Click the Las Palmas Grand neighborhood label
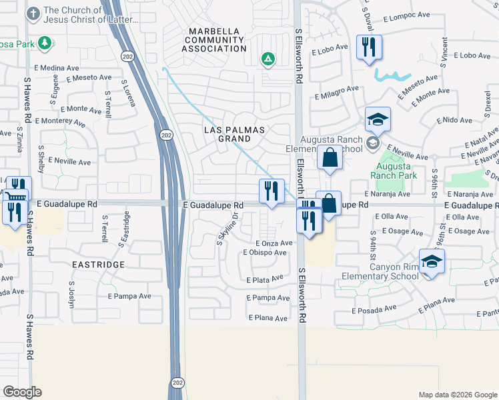[x=234, y=133]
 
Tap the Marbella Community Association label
[x=217, y=40]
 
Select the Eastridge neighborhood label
[x=98, y=265]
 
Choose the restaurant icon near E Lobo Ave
[x=369, y=48]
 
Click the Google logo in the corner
[x=22, y=392]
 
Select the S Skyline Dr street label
[x=227, y=228]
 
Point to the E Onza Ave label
[x=274, y=244]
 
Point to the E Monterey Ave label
[x=61, y=121]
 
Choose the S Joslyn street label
[x=71, y=293]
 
